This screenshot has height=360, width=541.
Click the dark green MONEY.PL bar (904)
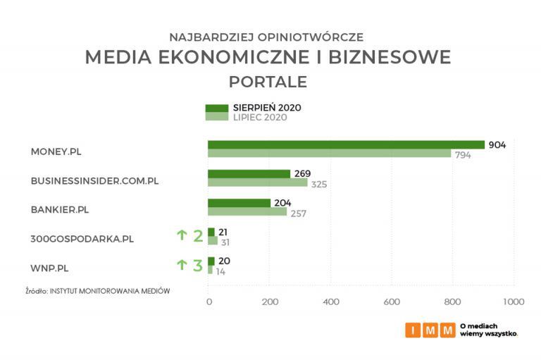pyautogui.click(x=346, y=144)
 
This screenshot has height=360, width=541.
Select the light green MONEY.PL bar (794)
pyautogui.click(x=329, y=154)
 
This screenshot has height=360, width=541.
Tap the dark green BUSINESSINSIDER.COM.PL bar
pyautogui.click(x=249, y=173)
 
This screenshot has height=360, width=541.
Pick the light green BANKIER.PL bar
pyautogui.click(x=247, y=212)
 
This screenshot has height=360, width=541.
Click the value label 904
pyautogui.click(x=497, y=144)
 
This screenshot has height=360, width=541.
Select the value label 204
pyautogui.click(x=282, y=203)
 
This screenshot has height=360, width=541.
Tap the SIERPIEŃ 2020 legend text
pyautogui.click(x=267, y=108)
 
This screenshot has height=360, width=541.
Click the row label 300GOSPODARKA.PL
pyautogui.click(x=82, y=238)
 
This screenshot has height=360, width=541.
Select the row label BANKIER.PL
pyautogui.click(x=60, y=209)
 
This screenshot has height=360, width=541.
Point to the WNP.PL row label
pyautogui.click(x=49, y=267)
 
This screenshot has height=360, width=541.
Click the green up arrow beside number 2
pyautogui.click(x=182, y=236)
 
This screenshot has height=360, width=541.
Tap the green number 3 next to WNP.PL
pyautogui.click(x=197, y=266)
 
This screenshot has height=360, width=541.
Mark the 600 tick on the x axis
pyautogui.click(x=392, y=302)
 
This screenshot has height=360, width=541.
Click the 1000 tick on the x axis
pyautogui.click(x=514, y=302)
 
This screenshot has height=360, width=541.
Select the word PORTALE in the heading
pyautogui.click(x=268, y=82)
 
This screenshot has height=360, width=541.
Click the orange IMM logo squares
pyautogui.click(x=430, y=330)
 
